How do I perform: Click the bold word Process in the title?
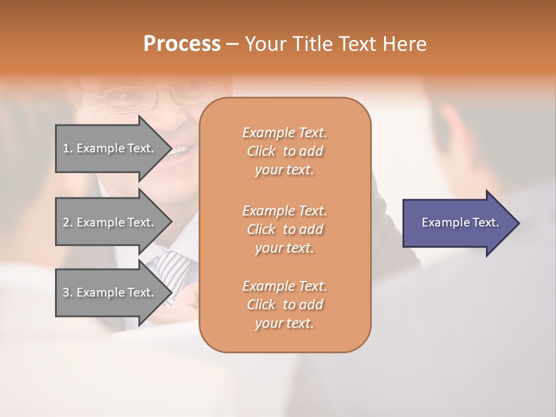pos(182,44)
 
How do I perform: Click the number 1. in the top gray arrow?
pos(68,148)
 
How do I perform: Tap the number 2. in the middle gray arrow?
pos(68,222)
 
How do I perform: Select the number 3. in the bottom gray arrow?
pos(68,292)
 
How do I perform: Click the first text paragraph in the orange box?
pos(284,151)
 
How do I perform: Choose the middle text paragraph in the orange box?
pos(284,229)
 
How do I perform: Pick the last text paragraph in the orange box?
pos(284,305)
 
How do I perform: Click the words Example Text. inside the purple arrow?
pos(460,222)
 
